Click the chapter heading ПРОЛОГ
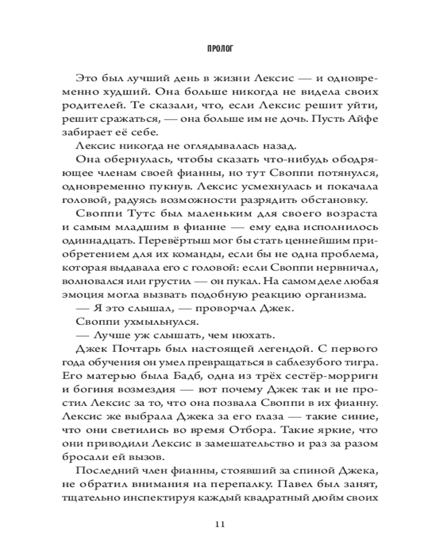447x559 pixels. [223, 49]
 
